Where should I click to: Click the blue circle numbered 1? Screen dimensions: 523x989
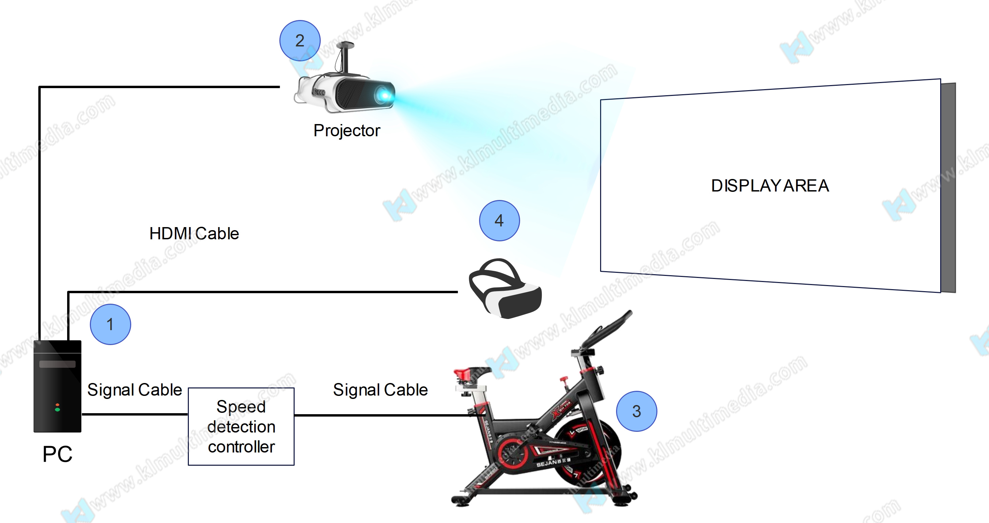pos(110,324)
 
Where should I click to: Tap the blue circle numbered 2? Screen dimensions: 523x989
pos(300,41)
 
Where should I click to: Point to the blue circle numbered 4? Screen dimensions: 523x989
pos(499,221)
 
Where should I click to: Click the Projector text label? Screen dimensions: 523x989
pos(347,130)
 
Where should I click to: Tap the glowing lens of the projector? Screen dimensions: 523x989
pos(384,94)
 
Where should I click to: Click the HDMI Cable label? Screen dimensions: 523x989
pos(194,233)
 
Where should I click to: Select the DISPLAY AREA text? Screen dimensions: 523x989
pos(770,186)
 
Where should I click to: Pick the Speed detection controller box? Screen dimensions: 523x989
pos(241,427)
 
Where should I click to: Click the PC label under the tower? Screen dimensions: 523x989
pos(57,454)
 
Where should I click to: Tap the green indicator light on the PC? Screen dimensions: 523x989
pos(57,409)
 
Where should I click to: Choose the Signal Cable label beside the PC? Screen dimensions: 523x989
pos(134,389)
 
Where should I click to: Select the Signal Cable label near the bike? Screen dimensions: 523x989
pos(380,389)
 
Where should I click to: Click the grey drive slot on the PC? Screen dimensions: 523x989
pos(57,364)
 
